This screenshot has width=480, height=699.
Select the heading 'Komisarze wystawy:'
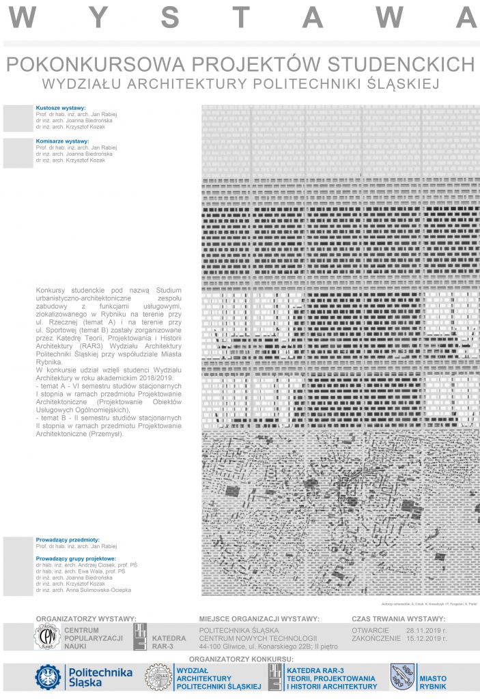pyautogui.click(x=62, y=141)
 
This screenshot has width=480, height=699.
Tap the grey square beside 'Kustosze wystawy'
pyautogui.click(x=18, y=119)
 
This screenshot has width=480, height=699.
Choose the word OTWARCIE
pyautogui.click(x=370, y=630)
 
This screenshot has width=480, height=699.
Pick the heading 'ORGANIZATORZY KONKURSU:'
pyautogui.click(x=241, y=659)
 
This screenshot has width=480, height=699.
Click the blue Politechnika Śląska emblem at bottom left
pyautogui.click(x=48, y=676)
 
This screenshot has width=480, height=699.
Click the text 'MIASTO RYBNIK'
pyautogui.click(x=433, y=681)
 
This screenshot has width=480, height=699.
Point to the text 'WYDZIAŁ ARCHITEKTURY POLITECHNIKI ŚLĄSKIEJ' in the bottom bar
pyautogui.click(x=218, y=678)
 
